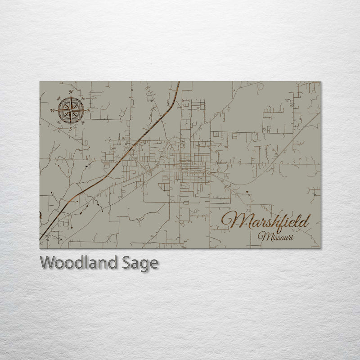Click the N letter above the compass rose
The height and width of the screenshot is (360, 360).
tap(71, 92)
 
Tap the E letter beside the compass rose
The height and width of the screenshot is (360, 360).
tap(89, 110)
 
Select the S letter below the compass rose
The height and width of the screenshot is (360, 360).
tap(70, 128)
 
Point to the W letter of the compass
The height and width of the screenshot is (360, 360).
tap(52, 110)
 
